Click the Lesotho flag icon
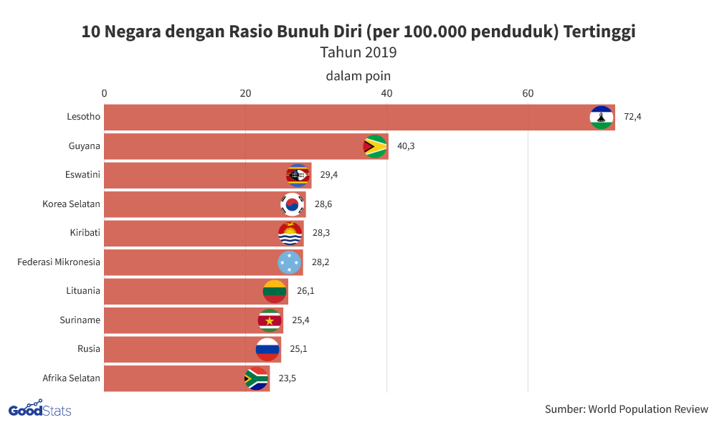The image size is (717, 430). point(601,117)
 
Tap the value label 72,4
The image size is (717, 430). point(632,117)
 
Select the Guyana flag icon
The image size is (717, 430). point(375,146)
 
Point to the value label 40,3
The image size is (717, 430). point(406,146)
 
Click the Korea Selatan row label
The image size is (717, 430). point(71,204)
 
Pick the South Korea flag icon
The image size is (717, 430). point(292,204)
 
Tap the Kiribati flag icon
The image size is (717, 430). point(290,234)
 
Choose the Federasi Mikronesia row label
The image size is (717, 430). point(59,262)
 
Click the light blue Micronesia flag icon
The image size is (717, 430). point(289,262)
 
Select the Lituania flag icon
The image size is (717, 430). point(275,291)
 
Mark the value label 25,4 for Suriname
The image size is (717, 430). point(300,320)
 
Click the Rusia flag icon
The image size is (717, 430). point(267,349)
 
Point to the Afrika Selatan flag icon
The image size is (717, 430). point(256,378)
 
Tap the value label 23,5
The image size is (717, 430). point(288,378)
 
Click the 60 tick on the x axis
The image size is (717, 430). point(528,93)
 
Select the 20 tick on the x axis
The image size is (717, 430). point(245,93)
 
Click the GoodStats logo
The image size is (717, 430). point(39,409)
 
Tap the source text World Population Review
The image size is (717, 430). point(626,409)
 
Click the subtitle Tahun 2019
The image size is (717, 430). point(358,52)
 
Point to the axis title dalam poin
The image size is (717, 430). point(358,75)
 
